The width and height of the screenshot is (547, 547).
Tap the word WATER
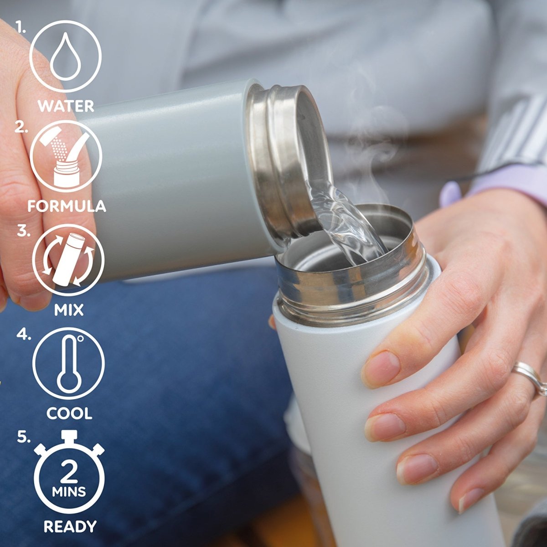click(x=66, y=106)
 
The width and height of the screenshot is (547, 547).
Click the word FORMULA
click(x=67, y=206)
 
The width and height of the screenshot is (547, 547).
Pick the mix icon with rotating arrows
click(x=68, y=260)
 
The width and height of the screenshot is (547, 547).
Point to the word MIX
click(x=69, y=310)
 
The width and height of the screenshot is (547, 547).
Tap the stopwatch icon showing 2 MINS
click(x=69, y=476)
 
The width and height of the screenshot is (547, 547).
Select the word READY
click(x=70, y=526)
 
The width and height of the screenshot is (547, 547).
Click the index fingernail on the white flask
click(x=381, y=368)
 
